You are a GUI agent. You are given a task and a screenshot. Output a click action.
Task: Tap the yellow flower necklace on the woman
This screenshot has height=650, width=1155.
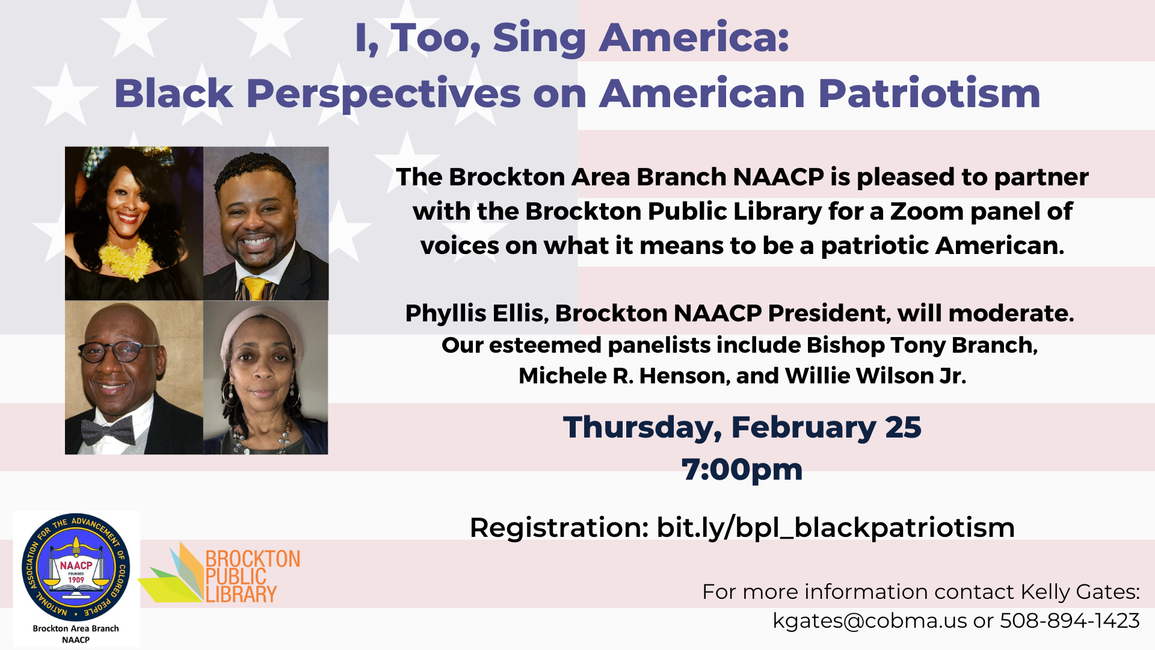pos(127,259)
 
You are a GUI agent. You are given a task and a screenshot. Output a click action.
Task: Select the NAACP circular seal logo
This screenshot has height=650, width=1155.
pos(76,568)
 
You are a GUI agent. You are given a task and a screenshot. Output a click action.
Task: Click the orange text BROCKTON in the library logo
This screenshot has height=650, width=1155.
pos(253,559)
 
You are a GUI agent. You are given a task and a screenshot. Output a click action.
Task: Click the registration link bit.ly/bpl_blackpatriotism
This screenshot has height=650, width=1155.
pos(836,528)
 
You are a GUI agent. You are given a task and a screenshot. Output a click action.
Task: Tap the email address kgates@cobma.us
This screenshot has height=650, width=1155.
pos(870,621)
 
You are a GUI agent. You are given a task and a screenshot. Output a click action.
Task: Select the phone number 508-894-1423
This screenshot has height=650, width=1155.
pos(1070,621)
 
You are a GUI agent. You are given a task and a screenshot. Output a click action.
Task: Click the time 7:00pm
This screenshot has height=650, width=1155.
pos(742,469)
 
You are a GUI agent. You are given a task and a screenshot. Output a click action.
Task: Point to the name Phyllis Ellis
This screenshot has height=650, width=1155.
pos(476,314)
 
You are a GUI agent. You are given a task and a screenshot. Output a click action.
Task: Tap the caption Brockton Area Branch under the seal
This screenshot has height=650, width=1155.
pos(76,628)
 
